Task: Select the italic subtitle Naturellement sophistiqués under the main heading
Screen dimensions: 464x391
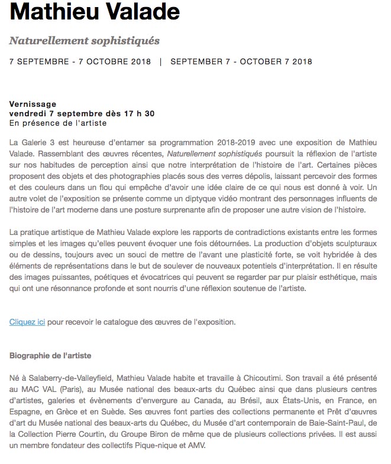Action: coord(85,41)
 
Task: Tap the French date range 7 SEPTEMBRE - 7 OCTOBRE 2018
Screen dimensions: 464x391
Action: coord(80,61)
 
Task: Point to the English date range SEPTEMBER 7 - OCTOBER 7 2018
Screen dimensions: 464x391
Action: coord(241,61)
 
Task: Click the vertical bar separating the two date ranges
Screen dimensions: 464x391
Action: coord(161,61)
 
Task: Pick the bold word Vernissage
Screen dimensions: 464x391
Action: coord(30,103)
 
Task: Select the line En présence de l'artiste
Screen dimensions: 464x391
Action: coord(59,123)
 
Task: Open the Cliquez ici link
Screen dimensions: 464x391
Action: coord(27,322)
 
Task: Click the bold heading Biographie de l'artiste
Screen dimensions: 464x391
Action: coord(51,356)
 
